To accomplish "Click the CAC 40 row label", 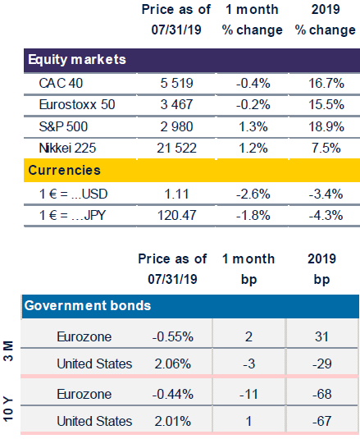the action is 61,83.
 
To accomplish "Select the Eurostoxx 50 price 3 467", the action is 176,104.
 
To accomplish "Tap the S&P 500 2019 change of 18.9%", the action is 326,126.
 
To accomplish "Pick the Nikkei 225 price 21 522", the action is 176,148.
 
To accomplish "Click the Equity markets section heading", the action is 77,60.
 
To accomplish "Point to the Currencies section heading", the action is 64,170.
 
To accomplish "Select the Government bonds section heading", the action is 88,305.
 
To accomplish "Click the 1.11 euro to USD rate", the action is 176,194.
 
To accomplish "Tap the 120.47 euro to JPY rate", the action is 176,215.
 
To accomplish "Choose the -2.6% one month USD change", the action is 253,194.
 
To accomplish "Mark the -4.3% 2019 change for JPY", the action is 326,215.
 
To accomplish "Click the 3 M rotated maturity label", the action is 8,351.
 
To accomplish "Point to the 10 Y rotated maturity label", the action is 8,409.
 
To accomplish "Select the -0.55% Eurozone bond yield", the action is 172,336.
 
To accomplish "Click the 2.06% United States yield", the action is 172,364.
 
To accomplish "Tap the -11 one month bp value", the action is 248,394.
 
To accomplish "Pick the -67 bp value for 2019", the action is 322,421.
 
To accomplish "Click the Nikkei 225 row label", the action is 67,148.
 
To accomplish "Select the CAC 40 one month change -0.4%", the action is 253,83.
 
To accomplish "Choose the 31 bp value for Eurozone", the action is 321,336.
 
